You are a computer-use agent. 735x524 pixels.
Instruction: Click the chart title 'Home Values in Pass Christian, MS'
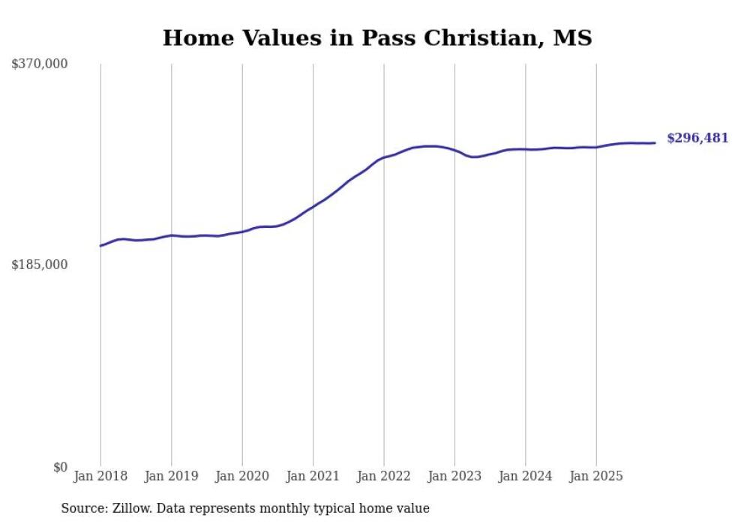pos(377,37)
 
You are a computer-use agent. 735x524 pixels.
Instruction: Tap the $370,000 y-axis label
pos(40,64)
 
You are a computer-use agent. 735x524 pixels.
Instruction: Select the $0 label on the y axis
pos(60,468)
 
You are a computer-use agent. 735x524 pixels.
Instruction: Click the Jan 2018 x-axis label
pos(100,476)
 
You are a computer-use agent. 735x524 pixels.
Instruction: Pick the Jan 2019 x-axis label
pos(172,476)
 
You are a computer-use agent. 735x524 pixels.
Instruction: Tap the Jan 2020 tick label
pos(242,476)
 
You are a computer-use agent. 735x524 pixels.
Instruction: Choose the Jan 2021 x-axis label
pos(313,476)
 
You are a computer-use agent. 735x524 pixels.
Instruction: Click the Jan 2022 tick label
pos(384,476)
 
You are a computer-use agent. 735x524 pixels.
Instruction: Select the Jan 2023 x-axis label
pos(454,476)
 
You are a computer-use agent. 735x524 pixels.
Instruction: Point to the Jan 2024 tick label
pos(525,476)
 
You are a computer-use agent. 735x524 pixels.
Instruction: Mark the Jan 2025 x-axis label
pos(596,476)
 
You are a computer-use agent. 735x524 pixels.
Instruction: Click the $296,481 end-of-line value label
pos(697,138)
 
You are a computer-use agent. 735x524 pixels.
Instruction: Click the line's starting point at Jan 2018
pos(100,246)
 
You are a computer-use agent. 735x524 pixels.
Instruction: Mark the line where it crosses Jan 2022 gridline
pos(384,157)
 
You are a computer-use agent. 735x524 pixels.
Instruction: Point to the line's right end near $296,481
pos(655,142)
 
